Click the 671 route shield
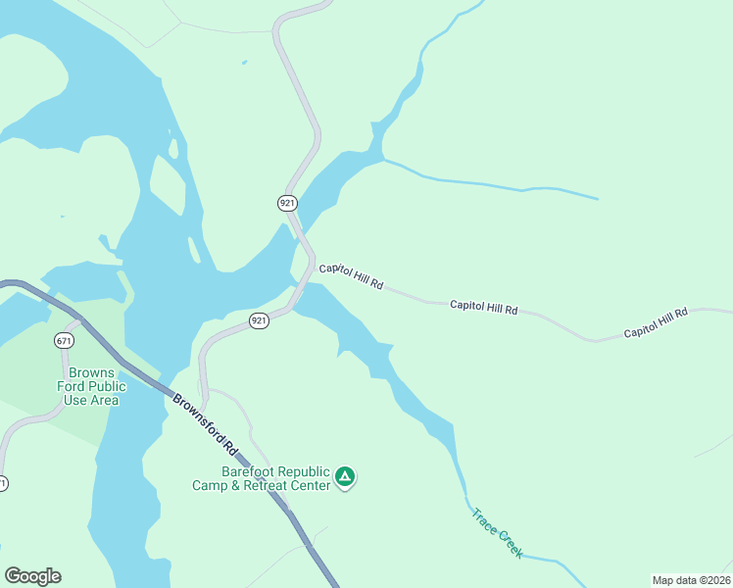[x=65, y=341]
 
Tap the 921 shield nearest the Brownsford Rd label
[x=259, y=320]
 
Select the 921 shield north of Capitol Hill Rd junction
[x=286, y=203]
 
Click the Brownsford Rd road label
[x=205, y=423]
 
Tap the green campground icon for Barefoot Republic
[x=345, y=477]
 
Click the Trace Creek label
[x=497, y=532]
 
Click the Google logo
[x=32, y=576]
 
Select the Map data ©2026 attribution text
[x=691, y=580]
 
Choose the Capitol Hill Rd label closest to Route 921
[x=351, y=275]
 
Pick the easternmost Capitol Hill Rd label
[x=657, y=322]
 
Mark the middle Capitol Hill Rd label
[x=483, y=307]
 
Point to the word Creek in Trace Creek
[x=510, y=545]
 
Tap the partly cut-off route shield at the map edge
[x=3, y=484]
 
